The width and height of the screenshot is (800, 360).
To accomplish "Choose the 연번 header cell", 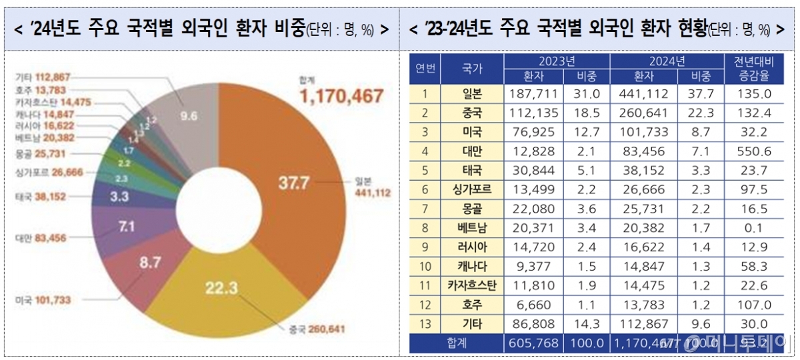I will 425,69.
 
